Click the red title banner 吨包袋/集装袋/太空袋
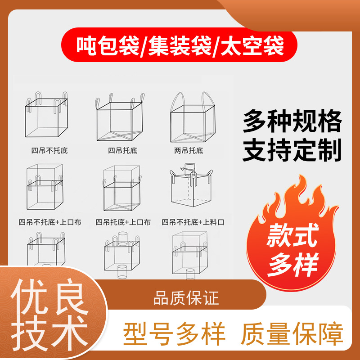pos(179,45)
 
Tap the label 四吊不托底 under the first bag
pos(49,151)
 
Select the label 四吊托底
pos(122,151)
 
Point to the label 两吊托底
pos(189,151)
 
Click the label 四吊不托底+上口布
pos(50,222)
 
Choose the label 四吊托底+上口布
pos(123,222)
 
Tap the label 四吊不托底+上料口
pos(193,222)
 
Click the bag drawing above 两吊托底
pos(193,117)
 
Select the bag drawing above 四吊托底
pos(120,117)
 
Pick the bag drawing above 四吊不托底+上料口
pos(191,185)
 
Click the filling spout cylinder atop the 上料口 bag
pos(190,167)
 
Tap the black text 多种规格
pos(292,121)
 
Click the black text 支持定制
pos(292,149)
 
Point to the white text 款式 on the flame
pos(292,235)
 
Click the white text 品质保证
pos(186,298)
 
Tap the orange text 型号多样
pos(174,333)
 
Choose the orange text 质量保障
pos(292,333)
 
